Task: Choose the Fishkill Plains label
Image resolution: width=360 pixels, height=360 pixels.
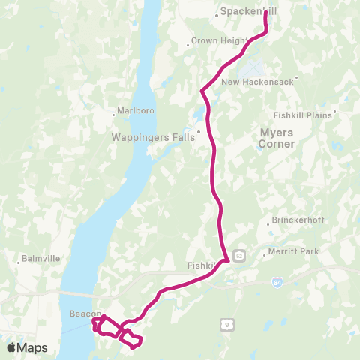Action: click(304, 113)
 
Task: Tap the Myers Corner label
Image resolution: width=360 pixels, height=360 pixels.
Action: click(276, 138)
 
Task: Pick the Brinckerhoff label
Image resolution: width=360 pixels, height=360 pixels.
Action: click(298, 223)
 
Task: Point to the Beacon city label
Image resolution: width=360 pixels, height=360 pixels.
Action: click(79, 313)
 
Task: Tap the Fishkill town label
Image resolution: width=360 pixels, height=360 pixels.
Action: click(200, 265)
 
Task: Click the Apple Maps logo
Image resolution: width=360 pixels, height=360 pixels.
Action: click(27, 347)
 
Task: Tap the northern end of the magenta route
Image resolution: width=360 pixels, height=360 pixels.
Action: click(266, 13)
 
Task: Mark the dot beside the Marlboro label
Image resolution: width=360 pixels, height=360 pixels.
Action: click(113, 115)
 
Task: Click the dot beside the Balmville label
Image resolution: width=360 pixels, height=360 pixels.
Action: click(19, 262)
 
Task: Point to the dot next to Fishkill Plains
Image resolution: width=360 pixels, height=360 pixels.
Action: click(335, 113)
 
